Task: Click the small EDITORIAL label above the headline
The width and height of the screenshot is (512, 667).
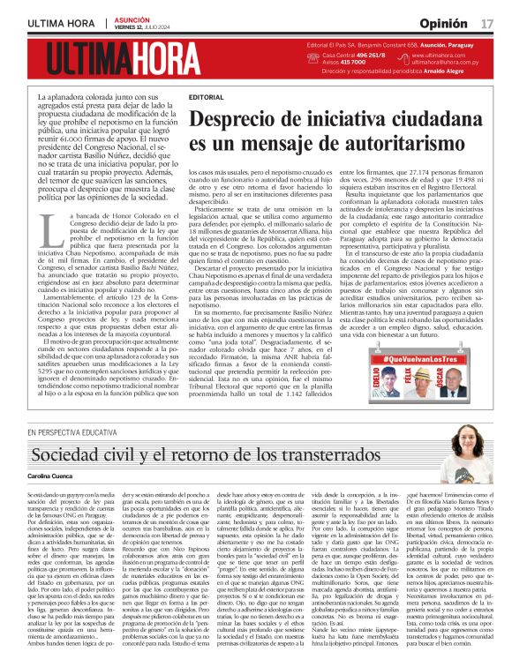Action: click(x=206, y=96)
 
